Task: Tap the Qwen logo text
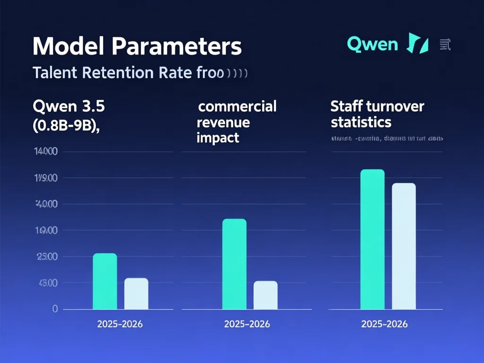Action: pyautogui.click(x=372, y=44)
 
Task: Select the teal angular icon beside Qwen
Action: pyautogui.click(x=417, y=44)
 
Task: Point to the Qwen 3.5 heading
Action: pyautogui.click(x=69, y=106)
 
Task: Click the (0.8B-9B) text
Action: pyautogui.click(x=66, y=128)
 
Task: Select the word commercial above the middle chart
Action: pyautogui.click(x=237, y=106)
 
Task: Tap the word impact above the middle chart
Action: pyautogui.click(x=218, y=138)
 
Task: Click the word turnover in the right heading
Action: pyautogui.click(x=397, y=106)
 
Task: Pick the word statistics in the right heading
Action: pyautogui.click(x=361, y=122)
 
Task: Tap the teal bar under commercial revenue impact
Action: pyautogui.click(x=234, y=264)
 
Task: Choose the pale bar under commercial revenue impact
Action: pyautogui.click(x=266, y=295)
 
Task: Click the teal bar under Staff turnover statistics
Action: pyautogui.click(x=372, y=239)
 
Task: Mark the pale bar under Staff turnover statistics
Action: pyautogui.click(x=404, y=246)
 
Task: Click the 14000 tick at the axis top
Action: pyautogui.click(x=45, y=152)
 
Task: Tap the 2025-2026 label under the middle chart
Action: pyautogui.click(x=247, y=324)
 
